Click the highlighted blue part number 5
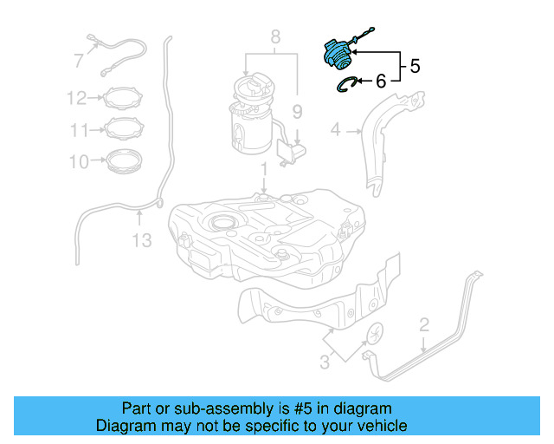pos(338,53)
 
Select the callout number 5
pos(415,66)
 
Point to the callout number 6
pos(380,82)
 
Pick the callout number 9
pos(296,111)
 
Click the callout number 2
pos(424,325)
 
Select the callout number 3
pos(325,362)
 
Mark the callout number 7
pos(79,61)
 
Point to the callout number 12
pos(76,99)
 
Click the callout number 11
pos(79,130)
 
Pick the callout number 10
pos(79,161)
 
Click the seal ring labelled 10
pos(124,161)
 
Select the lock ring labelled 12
pos(124,99)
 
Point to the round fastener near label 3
pos(376,333)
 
